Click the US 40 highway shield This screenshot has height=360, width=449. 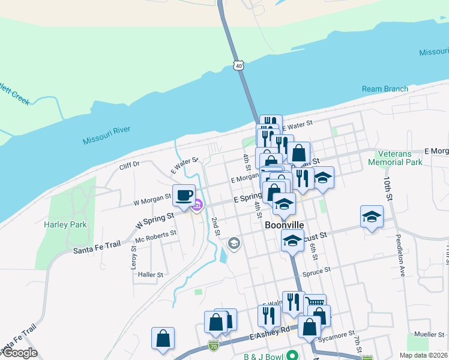240,65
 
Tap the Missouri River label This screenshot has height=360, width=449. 106,136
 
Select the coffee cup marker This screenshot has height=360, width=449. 184,195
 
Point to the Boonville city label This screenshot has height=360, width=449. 285,225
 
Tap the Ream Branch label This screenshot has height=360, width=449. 385,89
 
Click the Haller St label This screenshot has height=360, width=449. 151,274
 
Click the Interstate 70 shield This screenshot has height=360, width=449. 214,345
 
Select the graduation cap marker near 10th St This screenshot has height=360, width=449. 372,217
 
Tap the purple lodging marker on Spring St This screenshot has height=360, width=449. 196,207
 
